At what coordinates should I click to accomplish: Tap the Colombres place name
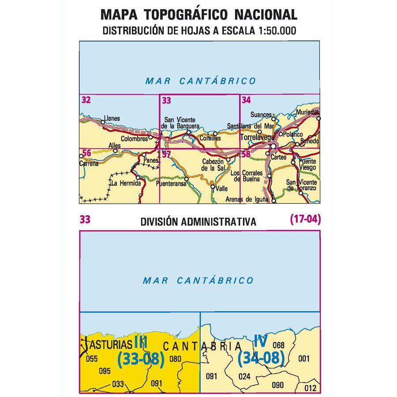click(133, 138)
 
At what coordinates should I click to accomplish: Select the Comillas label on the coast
click(210, 138)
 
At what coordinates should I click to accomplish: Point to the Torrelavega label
click(257, 138)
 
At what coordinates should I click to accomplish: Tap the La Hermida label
click(126, 183)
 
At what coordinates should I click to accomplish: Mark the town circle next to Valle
click(213, 187)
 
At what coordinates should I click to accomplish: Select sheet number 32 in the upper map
click(86, 100)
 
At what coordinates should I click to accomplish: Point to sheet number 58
click(246, 154)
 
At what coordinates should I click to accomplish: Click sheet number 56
click(86, 153)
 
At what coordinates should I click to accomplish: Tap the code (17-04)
click(305, 218)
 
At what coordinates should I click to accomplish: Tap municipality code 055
click(92, 359)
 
